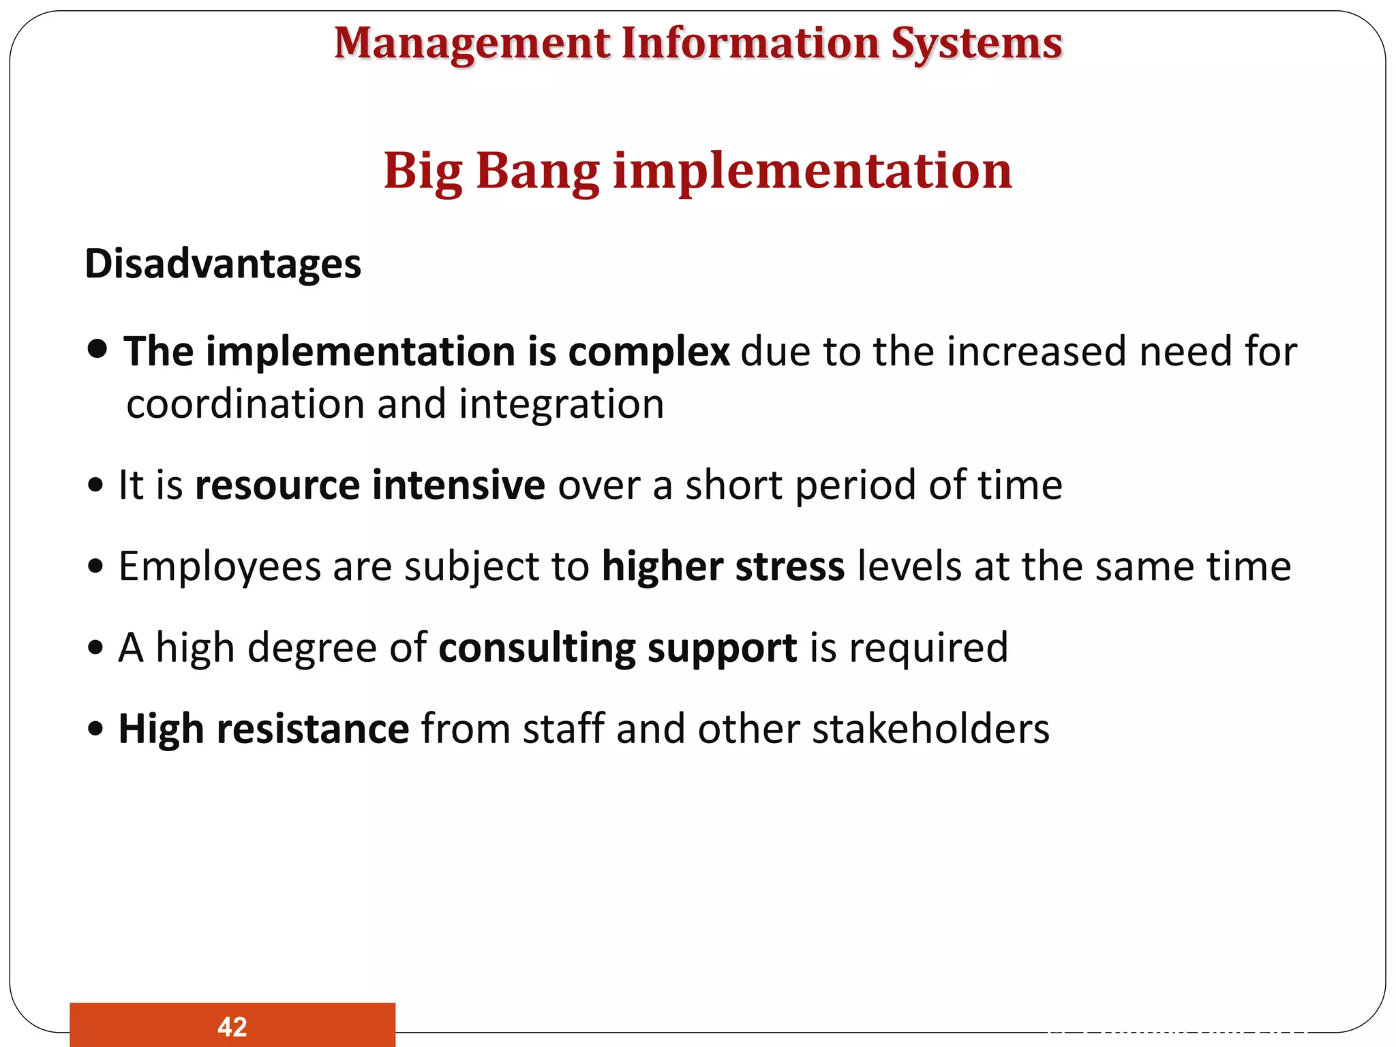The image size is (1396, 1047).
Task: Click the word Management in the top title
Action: (472, 44)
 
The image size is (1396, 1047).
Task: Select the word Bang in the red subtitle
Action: (537, 170)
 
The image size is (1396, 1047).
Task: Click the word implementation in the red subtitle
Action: (813, 170)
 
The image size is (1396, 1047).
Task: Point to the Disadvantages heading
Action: (222, 264)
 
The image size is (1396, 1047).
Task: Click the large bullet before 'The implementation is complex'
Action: (98, 349)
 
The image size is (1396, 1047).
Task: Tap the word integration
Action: (561, 404)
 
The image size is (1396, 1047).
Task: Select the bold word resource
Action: (277, 485)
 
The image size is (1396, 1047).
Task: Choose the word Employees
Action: (219, 567)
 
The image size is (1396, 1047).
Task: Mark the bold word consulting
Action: (536, 648)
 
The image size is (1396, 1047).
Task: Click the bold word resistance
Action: (312, 729)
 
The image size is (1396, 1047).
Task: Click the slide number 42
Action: (232, 1027)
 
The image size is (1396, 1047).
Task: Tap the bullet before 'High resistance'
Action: (96, 729)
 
